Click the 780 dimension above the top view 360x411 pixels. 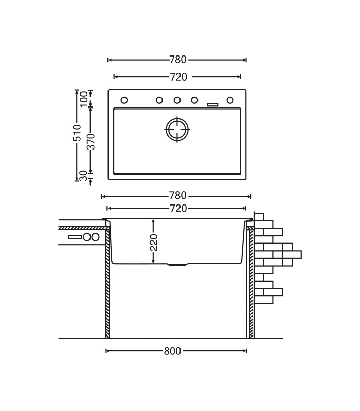177,60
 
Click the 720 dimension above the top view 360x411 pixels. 178,77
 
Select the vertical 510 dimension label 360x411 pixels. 77,133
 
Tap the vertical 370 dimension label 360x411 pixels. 91,141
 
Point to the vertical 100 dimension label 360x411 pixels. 84,99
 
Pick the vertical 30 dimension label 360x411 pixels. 83,175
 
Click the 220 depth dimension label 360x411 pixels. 153,242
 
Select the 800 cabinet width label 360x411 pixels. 172,351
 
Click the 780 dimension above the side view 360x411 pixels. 177,196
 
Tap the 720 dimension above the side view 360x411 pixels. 178,209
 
